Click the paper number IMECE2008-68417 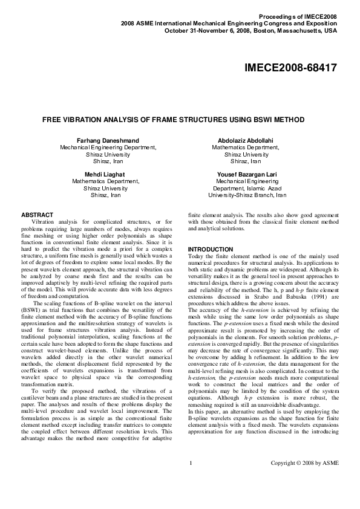(291, 69)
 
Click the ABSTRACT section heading (38, 215)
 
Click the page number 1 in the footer (191, 480)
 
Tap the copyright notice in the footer (304, 480)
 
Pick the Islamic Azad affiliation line (247, 189)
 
